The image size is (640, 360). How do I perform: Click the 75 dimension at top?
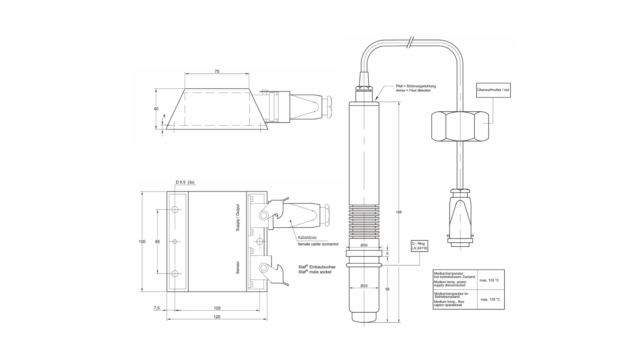point(217,71)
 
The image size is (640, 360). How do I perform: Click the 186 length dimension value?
point(399,212)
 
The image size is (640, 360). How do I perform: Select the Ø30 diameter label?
point(364,245)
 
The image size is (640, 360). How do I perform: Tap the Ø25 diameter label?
point(364,286)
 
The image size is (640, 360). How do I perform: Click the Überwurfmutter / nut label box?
point(493,90)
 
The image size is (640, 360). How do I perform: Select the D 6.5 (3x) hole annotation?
point(185,182)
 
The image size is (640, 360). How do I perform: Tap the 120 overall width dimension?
point(217,317)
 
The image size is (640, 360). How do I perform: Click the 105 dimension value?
point(217,308)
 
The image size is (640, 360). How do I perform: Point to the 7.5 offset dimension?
point(156,308)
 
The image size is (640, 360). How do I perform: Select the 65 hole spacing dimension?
point(157,241)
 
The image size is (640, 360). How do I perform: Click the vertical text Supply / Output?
point(238,217)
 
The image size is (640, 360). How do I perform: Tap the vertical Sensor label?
point(238,267)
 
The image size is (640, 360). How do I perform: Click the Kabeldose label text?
point(307,238)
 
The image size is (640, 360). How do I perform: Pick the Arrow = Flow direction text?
point(413,90)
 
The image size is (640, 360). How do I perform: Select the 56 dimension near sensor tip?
point(387,289)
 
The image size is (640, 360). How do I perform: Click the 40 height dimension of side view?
point(156,109)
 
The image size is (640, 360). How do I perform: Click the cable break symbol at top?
point(411,42)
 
